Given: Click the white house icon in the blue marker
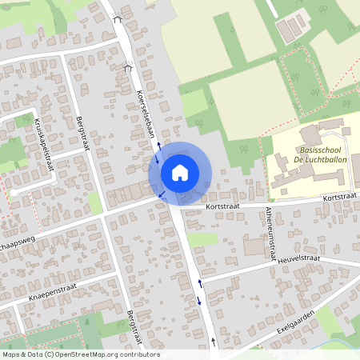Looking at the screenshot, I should point(180,172).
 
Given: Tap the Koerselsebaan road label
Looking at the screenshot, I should point(146,111).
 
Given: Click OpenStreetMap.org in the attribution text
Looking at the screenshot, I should point(90,354).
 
